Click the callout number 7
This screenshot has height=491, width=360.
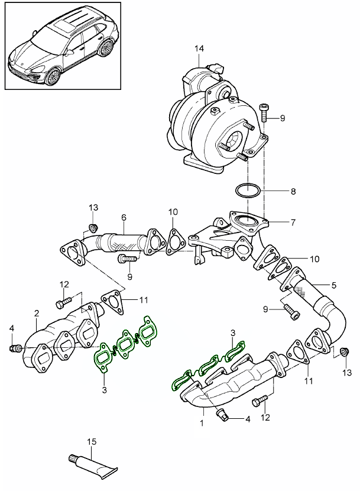(x=293, y=222)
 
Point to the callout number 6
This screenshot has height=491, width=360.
(x=124, y=217)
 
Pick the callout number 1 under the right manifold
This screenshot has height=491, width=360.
(x=202, y=423)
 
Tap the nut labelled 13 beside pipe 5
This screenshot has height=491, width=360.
(x=343, y=354)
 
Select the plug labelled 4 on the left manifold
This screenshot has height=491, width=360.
(x=13, y=348)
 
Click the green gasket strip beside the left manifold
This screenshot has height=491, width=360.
(x=124, y=346)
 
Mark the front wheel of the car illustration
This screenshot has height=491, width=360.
(x=55, y=77)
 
